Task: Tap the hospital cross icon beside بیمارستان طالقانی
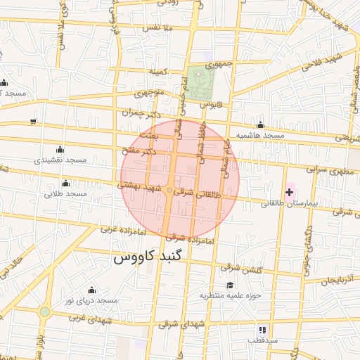pyautogui.click(x=289, y=192)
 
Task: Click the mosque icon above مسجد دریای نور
pyautogui.click(x=91, y=290)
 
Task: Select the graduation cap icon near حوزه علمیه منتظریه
pyautogui.click(x=211, y=285)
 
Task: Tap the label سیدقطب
pyautogui.click(x=262, y=340)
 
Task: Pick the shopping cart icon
pyautogui.click(x=33, y=122)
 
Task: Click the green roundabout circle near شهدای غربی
pyautogui.click(x=45, y=311)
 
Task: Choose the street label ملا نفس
pyautogui.click(x=157, y=27)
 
